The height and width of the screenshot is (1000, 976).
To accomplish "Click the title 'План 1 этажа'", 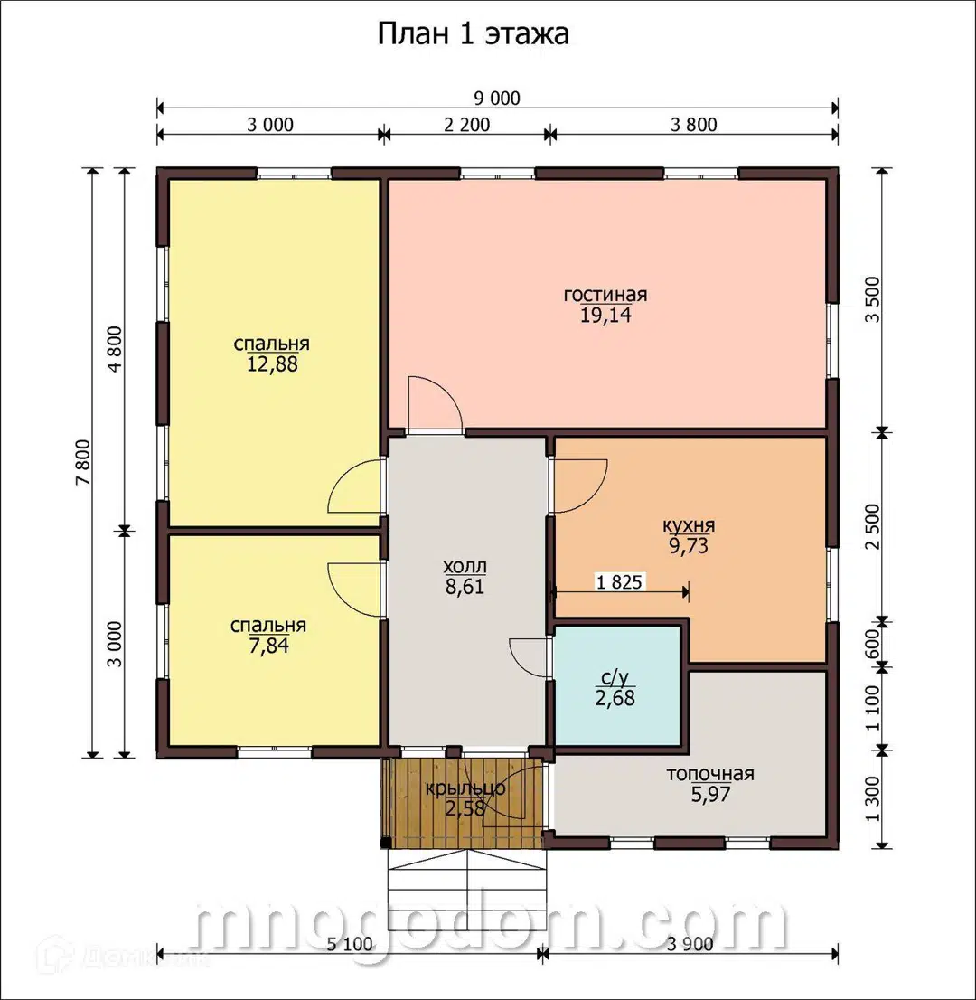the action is [x=473, y=34].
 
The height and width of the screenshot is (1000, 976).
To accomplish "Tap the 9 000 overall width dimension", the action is [x=497, y=99].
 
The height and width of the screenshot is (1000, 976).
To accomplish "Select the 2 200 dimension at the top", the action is [x=466, y=125].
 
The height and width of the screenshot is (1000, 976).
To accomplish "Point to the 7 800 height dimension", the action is [x=84, y=462].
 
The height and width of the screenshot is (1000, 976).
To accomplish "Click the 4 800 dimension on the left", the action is [x=115, y=350].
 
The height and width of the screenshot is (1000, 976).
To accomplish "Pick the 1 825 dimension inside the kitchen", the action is [x=619, y=581].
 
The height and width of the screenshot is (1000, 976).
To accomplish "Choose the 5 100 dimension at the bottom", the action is [x=350, y=944].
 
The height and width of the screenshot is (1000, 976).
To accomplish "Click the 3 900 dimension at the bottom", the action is [x=690, y=944].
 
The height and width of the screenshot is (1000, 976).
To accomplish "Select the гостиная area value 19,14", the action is [x=605, y=315].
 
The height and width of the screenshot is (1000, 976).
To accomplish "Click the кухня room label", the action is [x=689, y=526].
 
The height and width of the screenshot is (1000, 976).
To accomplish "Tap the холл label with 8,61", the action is [x=465, y=577].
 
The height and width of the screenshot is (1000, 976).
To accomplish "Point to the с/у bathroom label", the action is [x=615, y=677].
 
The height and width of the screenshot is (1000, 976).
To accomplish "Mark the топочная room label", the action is [x=710, y=774].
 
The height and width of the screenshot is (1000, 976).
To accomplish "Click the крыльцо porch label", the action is [x=465, y=789].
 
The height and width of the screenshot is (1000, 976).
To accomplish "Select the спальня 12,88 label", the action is [x=272, y=354].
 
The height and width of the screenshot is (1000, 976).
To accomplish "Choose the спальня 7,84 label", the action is [x=268, y=636].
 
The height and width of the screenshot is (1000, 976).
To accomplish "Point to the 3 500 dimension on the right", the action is [x=873, y=300].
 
